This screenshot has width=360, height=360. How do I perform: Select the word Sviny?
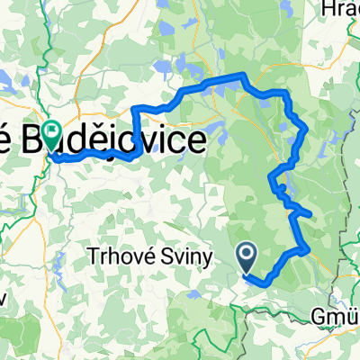[189, 258]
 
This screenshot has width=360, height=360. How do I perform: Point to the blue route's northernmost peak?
[241, 74]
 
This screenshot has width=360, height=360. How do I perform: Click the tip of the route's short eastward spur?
[311, 214]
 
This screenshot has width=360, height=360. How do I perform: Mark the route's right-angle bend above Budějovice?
[135, 109]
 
